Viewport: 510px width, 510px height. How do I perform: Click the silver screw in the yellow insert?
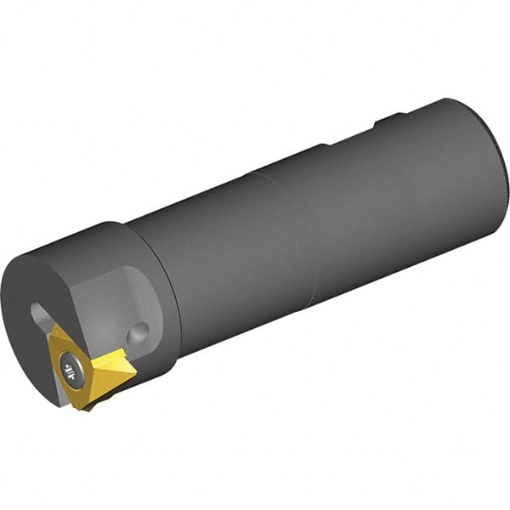tap(67, 369)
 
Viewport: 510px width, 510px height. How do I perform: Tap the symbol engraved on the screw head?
tap(67, 369)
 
